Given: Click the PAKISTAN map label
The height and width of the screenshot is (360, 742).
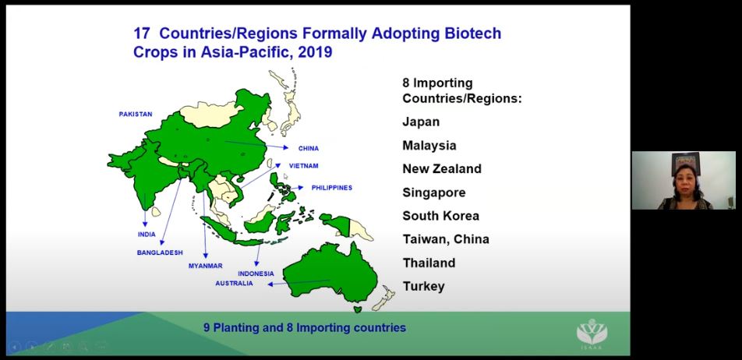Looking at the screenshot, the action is point(136,114).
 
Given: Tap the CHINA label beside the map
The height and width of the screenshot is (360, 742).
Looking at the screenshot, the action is point(309,149).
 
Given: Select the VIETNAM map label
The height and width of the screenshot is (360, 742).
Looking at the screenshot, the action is point(303,166).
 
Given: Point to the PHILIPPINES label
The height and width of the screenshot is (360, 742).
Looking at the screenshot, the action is point(332,188).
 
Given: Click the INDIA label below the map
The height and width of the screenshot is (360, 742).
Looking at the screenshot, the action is point(147,235).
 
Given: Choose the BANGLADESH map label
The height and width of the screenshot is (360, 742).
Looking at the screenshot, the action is point(160,252).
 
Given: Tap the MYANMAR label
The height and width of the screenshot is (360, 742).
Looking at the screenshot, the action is point(206,266).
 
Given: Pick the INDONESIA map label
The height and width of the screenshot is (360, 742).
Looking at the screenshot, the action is point(256,274).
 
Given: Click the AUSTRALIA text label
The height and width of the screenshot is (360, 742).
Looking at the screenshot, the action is point(234,284).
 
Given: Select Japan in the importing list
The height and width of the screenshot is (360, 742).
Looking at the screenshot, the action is point(421,122).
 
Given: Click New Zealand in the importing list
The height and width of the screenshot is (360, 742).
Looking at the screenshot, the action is point(441,169).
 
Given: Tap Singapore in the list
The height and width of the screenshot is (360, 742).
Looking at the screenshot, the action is point(433,192).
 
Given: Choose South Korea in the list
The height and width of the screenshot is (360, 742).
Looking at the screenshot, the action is point(440,216).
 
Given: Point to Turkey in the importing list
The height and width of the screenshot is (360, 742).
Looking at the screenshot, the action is point(423,286).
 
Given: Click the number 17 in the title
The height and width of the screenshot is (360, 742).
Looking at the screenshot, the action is point(142,34).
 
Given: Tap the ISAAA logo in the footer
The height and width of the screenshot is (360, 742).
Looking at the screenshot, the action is point(592,334).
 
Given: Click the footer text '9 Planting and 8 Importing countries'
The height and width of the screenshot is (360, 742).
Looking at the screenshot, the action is point(304,327).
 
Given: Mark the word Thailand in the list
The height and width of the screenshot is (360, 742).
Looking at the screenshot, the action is point(429,263).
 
